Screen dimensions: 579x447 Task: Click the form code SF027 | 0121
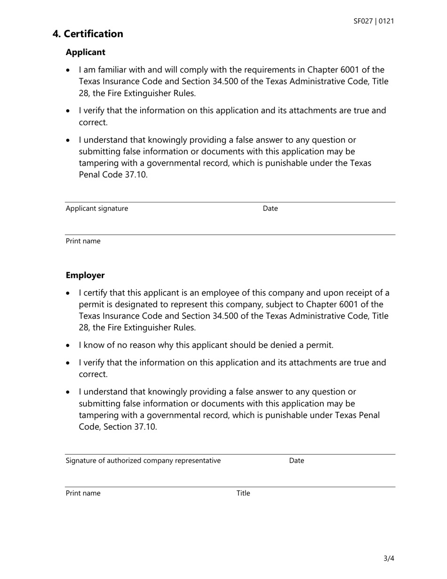tap(374, 21)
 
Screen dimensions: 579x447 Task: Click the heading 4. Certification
tap(88, 34)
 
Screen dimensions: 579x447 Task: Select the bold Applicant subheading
tap(85, 52)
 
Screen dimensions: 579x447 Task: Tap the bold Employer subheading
tap(85, 275)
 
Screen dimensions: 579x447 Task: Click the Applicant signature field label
tap(96, 209)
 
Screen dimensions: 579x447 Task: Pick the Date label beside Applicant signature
tap(270, 209)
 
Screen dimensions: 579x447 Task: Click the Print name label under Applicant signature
tap(83, 241)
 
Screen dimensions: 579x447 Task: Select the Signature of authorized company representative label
tap(143, 460)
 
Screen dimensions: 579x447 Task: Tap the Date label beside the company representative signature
tap(296, 460)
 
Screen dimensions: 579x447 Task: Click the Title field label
tap(243, 493)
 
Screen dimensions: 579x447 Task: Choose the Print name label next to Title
tap(83, 493)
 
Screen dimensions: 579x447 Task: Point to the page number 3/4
tap(389, 559)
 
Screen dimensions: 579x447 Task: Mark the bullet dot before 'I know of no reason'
tap(69, 346)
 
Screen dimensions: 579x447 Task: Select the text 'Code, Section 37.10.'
tap(118, 427)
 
